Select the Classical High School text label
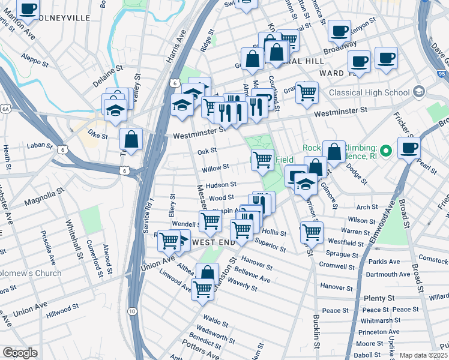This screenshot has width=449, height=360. coord(370,93)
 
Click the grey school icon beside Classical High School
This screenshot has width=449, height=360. coord(418,92)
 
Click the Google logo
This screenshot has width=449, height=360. coord(20,353)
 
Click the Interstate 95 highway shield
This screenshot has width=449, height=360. coord(426,2)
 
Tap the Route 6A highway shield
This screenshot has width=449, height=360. coord(6,109)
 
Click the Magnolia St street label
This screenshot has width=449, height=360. coord(44,196)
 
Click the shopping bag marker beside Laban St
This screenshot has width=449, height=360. coord(131,140)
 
